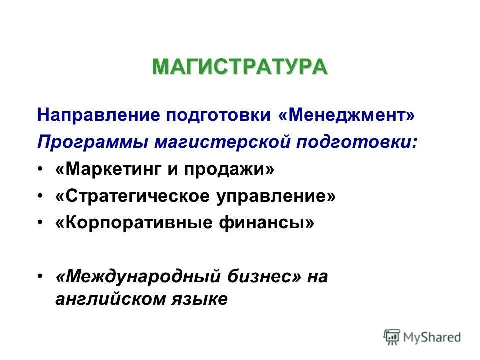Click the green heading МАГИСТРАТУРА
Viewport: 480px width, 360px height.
(240, 66)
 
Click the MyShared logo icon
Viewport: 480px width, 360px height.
(392, 336)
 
